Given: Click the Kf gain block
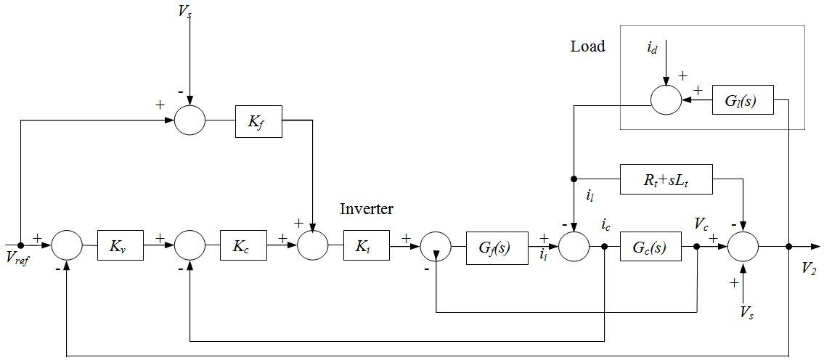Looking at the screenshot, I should pos(258,120).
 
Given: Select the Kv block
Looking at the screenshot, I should pos(121,246).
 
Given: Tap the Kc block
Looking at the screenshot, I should pos(243,246).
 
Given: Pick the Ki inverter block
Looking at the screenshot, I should pos(367,246).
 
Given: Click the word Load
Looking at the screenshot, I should pos(587,46).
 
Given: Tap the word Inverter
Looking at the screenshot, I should pos(367,209).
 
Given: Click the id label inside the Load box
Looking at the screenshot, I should pos(652,49).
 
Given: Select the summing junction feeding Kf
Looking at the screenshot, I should pos(189,120).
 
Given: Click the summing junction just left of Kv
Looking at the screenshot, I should pos(67,246).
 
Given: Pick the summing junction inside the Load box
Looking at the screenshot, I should pos(666,101).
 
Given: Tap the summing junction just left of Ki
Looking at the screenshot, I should pos(313,246).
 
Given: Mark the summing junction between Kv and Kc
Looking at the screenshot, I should pos(189,246).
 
